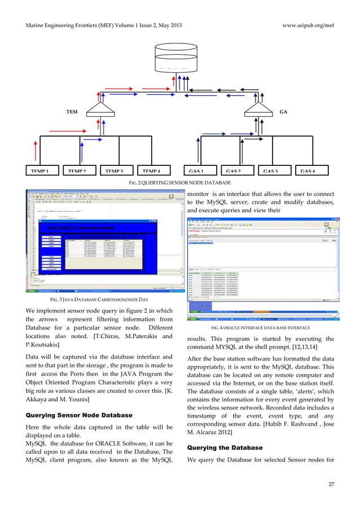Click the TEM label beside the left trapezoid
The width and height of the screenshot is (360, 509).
(72, 112)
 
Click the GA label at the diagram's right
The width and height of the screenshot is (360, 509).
(283, 112)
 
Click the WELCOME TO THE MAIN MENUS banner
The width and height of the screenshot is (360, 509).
(81, 229)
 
